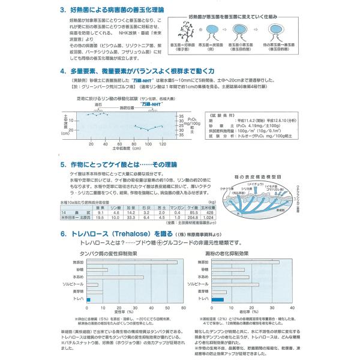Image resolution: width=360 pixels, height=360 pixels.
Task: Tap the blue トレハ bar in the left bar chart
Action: pyautogui.click(x=88, y=299)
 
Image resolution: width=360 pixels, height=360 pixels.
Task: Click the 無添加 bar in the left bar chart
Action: pyautogui.click(x=131, y=262)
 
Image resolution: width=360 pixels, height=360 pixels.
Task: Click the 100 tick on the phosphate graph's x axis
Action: pyautogui.click(x=148, y=145)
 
